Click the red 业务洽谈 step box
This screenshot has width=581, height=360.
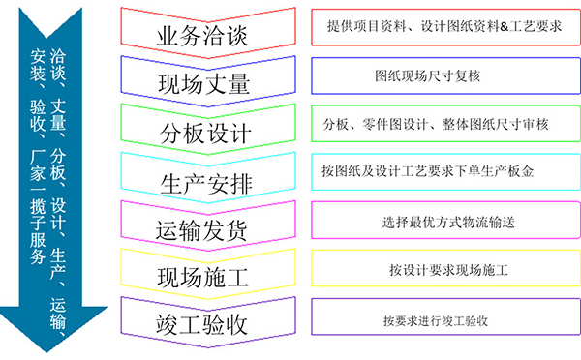tap(202, 32)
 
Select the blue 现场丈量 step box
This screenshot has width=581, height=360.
tap(202, 79)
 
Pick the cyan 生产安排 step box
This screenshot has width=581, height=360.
tap(202, 175)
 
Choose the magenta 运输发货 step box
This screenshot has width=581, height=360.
tap(202, 224)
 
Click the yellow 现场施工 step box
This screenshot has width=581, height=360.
tap(202, 273)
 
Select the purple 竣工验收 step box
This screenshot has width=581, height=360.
tap(202, 321)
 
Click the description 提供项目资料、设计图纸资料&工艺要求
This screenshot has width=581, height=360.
tap(446, 25)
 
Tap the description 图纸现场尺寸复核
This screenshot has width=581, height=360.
tap(446, 75)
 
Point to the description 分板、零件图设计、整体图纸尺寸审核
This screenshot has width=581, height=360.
tap(446, 123)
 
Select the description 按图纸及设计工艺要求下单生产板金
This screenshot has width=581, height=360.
tap(446, 171)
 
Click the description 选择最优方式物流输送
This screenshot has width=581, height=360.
tap(446, 221)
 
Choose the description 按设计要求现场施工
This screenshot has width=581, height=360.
tap(446, 270)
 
